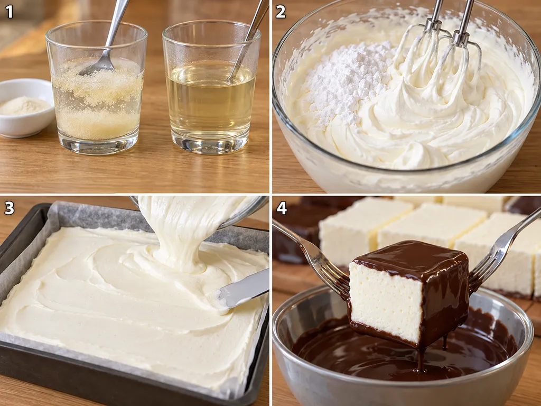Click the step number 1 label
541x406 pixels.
pyautogui.click(x=10, y=12)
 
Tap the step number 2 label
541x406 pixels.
pyautogui.click(x=281, y=12)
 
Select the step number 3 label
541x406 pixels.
pyautogui.click(x=10, y=208)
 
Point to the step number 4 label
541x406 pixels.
pyautogui.click(x=281, y=208)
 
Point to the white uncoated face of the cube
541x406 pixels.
pyautogui.click(x=385, y=301)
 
